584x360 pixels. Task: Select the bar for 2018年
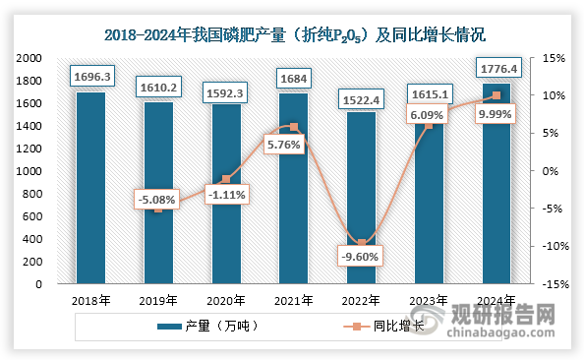point(90,188)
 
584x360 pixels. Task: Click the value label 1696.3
point(90,76)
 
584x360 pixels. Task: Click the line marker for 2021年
point(294,127)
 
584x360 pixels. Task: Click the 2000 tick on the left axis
point(28,58)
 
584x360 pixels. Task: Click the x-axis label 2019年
point(158,300)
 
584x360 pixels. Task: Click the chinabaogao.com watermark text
point(504,336)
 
